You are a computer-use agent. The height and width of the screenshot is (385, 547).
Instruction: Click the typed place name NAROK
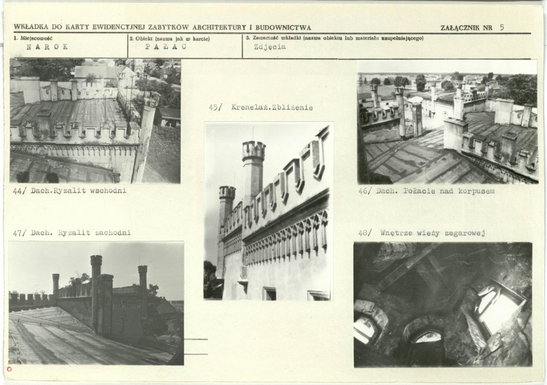tap(47, 47)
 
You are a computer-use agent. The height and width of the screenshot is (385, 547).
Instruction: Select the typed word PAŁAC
tap(166, 47)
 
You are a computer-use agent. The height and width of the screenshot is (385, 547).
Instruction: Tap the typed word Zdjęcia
tap(270, 47)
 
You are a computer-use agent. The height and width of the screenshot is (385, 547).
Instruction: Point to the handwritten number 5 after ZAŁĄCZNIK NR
tap(502, 27)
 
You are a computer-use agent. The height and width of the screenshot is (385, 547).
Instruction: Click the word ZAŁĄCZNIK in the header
tap(460, 28)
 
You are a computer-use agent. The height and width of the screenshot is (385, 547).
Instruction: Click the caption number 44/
tap(20, 191)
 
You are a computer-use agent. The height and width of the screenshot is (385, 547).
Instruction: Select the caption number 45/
tap(216, 107)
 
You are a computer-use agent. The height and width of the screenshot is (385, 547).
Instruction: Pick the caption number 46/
tap(365, 192)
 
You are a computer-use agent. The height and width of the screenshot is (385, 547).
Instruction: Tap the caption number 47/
tap(20, 233)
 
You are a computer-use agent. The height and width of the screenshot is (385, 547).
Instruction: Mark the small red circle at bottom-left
tap(9, 369)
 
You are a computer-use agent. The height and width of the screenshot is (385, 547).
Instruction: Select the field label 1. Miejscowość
tap(33, 38)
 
